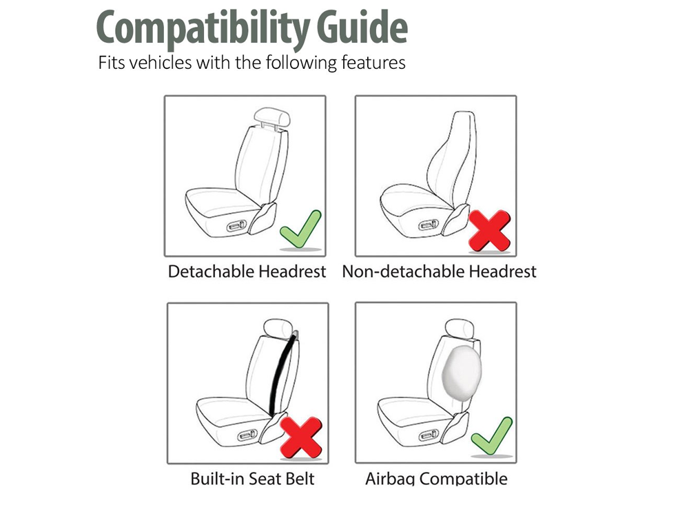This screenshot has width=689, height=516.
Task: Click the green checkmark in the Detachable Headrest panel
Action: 301,229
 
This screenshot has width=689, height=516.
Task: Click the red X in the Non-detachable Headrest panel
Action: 489,230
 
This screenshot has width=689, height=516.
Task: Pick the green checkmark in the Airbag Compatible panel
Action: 492,436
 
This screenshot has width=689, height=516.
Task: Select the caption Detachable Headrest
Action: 247,271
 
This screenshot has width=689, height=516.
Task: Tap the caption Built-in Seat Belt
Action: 247,478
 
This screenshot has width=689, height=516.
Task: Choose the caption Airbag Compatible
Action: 436,478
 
